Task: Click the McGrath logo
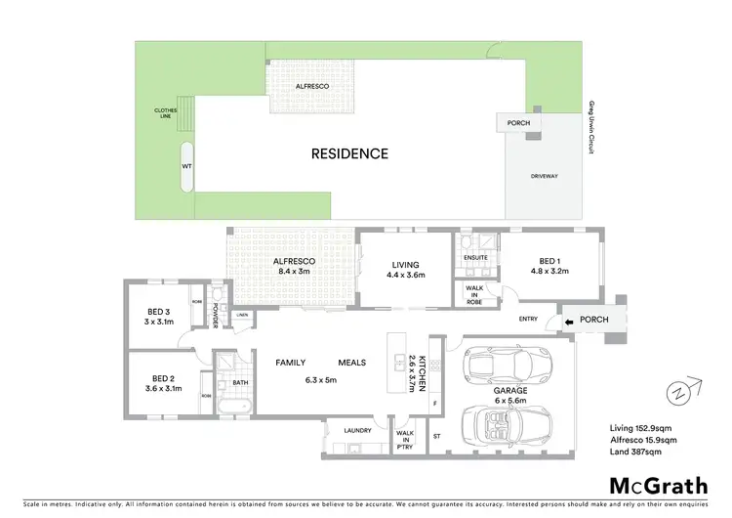(x=658, y=486)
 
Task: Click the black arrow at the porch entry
(x=568, y=319)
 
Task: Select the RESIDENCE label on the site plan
(x=349, y=153)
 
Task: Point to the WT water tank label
(x=186, y=167)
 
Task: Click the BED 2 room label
(x=164, y=377)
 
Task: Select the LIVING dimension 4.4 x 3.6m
(x=405, y=276)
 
